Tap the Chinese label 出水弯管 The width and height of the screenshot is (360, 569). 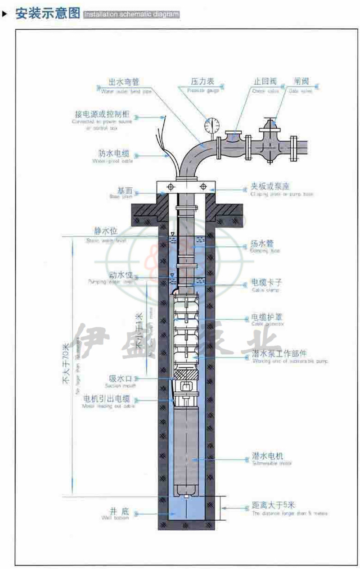coord(124,82)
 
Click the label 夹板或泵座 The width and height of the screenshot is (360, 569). coord(273,186)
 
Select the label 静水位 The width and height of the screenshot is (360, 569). coord(106,231)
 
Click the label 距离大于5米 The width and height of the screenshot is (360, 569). coord(274,506)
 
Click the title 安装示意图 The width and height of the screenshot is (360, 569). coord(47,14)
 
